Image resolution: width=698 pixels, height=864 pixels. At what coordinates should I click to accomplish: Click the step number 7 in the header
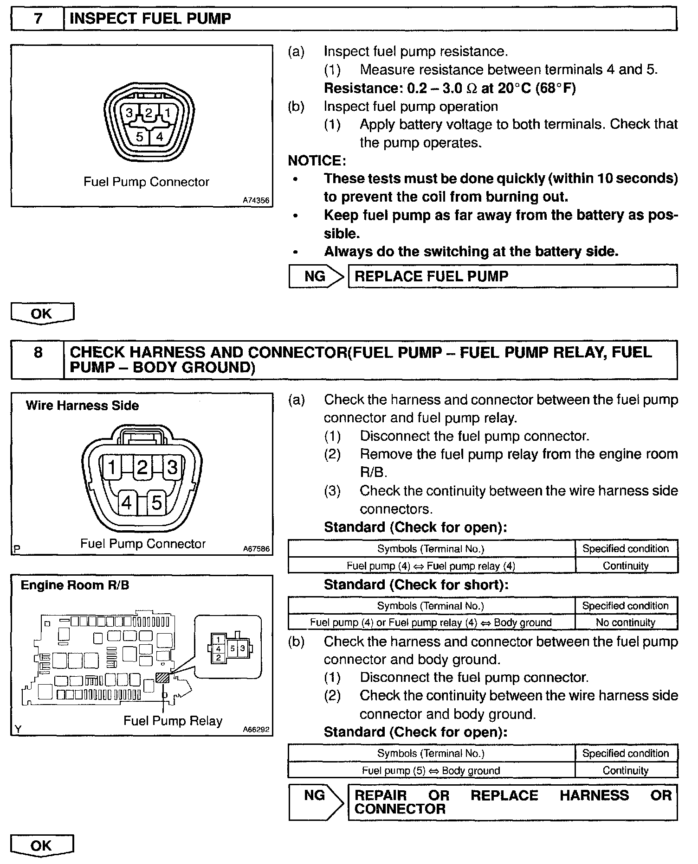(38, 19)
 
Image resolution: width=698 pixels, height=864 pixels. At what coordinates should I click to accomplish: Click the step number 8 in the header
(38, 353)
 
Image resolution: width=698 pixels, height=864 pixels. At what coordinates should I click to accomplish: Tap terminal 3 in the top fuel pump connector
(129, 113)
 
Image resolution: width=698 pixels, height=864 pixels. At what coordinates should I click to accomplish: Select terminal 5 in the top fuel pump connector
(139, 137)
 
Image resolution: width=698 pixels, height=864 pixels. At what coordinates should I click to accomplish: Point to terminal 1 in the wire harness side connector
(112, 467)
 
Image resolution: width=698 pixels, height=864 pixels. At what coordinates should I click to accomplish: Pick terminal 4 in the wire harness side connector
(126, 502)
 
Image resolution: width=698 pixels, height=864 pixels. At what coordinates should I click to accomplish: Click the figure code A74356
(256, 200)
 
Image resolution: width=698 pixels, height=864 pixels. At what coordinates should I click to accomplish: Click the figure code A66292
(256, 730)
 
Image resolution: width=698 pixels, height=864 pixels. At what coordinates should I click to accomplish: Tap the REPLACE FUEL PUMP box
(512, 276)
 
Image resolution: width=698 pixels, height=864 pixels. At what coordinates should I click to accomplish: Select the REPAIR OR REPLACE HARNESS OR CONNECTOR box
(512, 802)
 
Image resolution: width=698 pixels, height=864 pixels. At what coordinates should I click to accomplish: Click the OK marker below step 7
(42, 313)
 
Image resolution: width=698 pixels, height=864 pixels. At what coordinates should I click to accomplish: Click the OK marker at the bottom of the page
(42, 845)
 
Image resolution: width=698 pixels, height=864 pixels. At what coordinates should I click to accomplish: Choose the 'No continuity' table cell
(626, 623)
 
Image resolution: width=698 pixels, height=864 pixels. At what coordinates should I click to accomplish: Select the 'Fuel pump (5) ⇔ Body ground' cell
(431, 770)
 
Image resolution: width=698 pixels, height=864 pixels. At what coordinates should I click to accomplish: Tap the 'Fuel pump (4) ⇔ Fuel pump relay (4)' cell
(431, 565)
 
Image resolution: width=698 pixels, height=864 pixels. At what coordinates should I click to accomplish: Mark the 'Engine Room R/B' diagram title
(75, 585)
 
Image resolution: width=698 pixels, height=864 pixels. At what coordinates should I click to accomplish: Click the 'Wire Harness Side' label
(82, 406)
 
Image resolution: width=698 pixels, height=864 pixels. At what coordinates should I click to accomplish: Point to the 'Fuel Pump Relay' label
(173, 721)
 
